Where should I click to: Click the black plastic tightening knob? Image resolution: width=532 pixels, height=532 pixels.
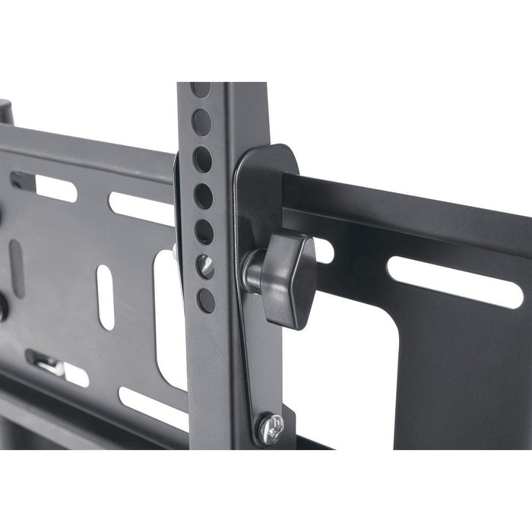coord(285,276)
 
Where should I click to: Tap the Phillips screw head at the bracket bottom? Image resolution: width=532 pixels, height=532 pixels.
coord(271,429)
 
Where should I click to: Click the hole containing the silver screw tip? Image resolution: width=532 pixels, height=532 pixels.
coord(206,266)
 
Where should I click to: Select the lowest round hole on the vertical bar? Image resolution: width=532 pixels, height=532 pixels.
coord(206,299)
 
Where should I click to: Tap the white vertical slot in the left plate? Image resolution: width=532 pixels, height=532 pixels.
coord(105,296)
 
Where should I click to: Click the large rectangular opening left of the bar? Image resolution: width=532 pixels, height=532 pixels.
coord(169,319)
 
